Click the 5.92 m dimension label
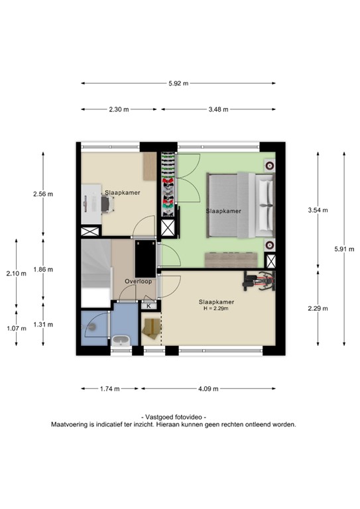[x=178, y=84]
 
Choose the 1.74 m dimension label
[x=109, y=388]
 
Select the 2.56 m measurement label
[x=42, y=194]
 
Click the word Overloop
[x=139, y=281]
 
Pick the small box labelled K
[x=149, y=306]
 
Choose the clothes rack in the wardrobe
[x=169, y=185]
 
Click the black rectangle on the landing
[x=144, y=258]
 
